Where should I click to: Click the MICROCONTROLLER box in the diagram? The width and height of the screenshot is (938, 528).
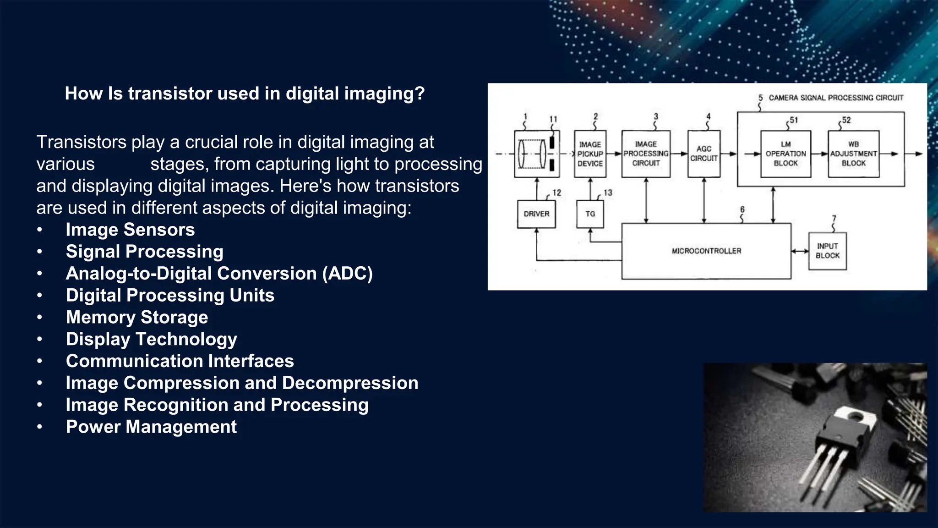click(x=706, y=251)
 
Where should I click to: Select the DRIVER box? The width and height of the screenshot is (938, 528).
click(x=536, y=214)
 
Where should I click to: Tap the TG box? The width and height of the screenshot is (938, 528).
click(x=590, y=214)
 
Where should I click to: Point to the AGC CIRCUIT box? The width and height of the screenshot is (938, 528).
click(x=703, y=154)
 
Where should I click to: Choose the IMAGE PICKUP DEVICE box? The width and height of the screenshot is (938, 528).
click(x=590, y=154)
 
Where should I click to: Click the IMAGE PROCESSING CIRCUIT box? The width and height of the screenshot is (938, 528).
click(x=646, y=154)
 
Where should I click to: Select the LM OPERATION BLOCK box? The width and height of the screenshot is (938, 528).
click(x=785, y=154)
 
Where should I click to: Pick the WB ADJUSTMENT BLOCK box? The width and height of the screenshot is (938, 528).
click(x=853, y=154)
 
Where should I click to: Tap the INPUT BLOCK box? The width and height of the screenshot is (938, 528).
click(x=827, y=251)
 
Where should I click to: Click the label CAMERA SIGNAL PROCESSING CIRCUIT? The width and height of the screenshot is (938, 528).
click(x=835, y=98)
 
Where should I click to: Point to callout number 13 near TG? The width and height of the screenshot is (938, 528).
click(x=608, y=193)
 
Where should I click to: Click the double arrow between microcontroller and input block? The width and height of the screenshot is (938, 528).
click(x=800, y=251)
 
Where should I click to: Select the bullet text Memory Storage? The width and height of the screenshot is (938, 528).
click(x=137, y=317)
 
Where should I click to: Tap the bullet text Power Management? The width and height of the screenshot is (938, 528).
click(x=151, y=427)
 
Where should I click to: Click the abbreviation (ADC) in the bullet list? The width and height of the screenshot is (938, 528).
click(x=347, y=274)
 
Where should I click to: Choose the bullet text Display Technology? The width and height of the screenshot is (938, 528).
click(x=151, y=339)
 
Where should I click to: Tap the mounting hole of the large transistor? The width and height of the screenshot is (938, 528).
click(x=855, y=416)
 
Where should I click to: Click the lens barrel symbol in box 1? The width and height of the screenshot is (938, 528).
click(x=531, y=154)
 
